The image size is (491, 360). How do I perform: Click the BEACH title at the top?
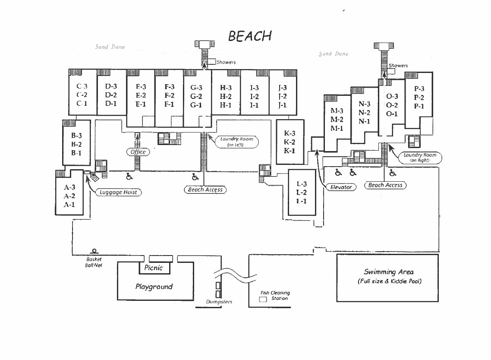[x=250, y=36]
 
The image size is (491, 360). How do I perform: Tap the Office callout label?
[x=138, y=152]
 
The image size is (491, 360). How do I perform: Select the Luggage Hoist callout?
[x=118, y=193]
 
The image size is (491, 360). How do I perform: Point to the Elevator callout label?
[x=341, y=187]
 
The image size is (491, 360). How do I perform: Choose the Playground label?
[x=154, y=287]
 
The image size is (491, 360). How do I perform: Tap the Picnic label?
[x=154, y=268]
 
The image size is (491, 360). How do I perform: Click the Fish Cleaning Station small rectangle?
[x=263, y=299]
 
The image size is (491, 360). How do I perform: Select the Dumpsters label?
[x=219, y=302]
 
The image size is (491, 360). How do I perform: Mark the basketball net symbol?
[x=93, y=251]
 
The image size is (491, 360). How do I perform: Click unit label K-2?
[x=290, y=142]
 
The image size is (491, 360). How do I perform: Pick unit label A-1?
[x=69, y=205]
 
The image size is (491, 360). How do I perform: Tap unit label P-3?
[x=419, y=89]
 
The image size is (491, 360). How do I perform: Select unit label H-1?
[x=226, y=105]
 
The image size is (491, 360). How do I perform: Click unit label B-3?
[x=76, y=136]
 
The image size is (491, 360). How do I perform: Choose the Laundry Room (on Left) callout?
[x=236, y=142]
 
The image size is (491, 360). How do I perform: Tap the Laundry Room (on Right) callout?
[x=420, y=157]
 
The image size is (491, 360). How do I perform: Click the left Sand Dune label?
[x=110, y=47]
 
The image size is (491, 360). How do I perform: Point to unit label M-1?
[x=337, y=128]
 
